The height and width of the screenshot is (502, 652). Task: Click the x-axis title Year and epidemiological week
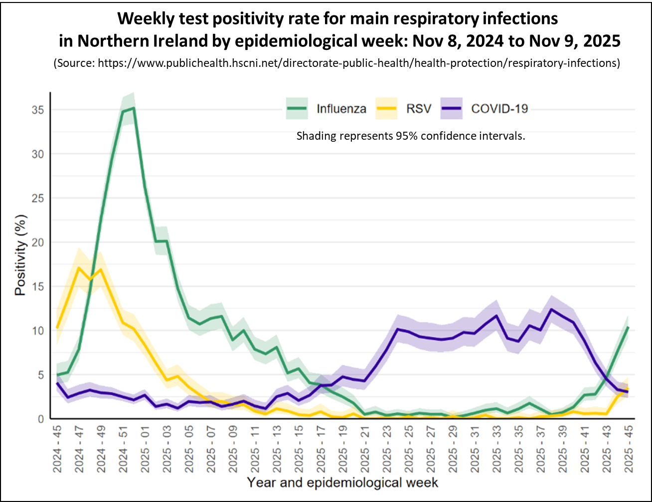(342, 483)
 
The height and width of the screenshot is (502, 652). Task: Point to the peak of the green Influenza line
(134, 108)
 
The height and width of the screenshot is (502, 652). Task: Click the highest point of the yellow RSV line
(79, 268)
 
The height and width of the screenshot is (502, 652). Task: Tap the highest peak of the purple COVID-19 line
(551, 309)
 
